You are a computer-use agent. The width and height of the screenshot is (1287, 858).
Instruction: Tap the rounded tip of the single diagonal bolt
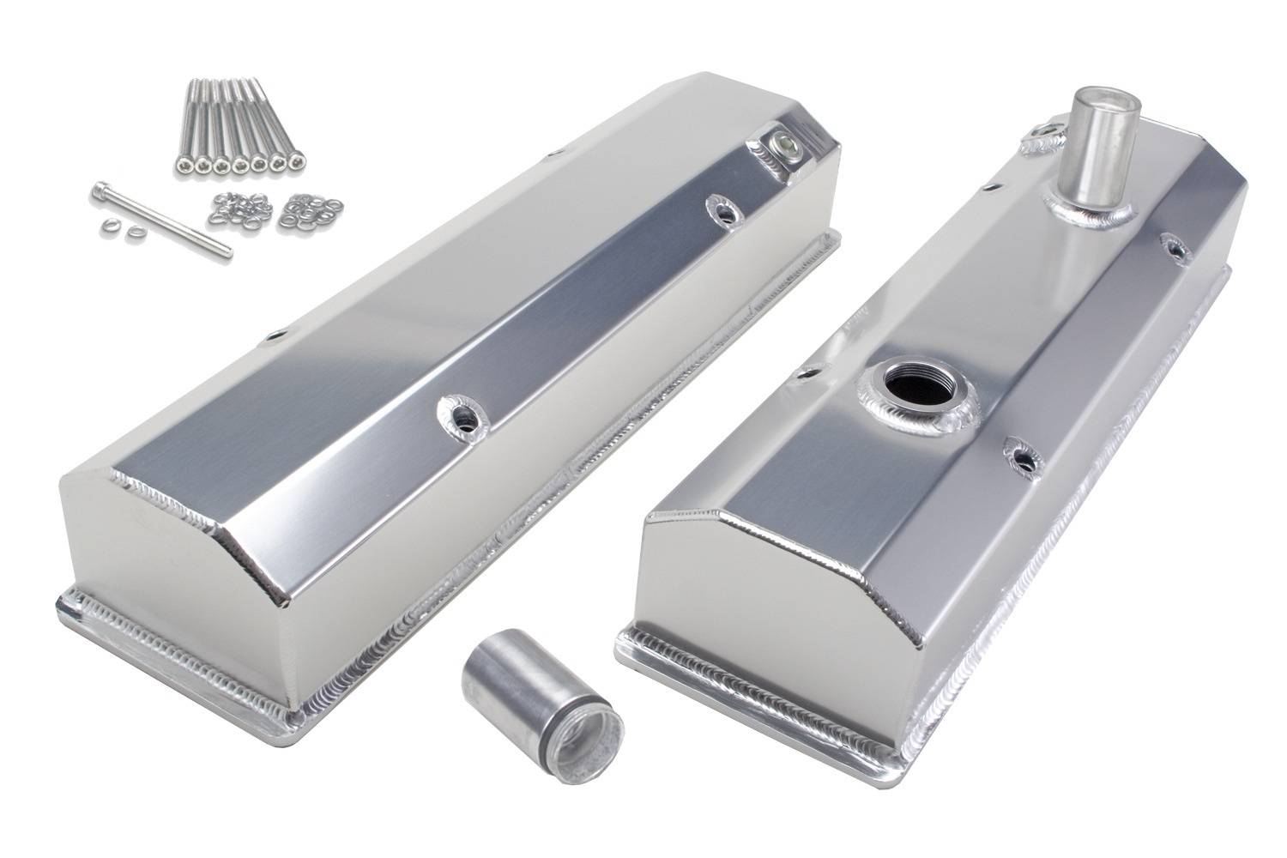(227, 251)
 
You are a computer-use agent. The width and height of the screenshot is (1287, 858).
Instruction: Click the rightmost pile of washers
(315, 211)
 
